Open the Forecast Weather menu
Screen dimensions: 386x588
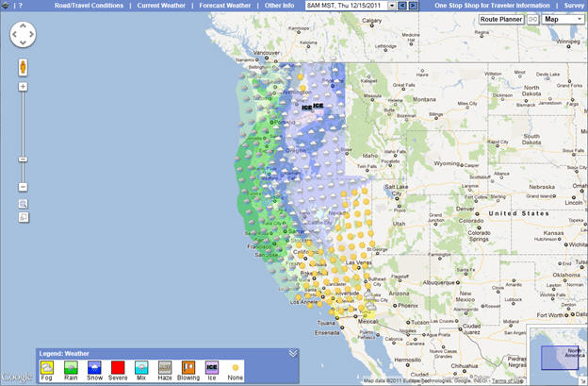(224, 6)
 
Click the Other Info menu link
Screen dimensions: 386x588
(279, 6)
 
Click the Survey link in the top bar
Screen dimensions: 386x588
(574, 6)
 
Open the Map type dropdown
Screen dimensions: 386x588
(563, 19)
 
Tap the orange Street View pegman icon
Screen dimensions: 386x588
(23, 68)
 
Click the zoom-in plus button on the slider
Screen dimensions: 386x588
(23, 87)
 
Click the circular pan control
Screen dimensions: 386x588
(24, 37)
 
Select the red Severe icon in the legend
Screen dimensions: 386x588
(118, 367)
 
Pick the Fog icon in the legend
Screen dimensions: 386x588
(45, 367)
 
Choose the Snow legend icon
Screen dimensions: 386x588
(94, 367)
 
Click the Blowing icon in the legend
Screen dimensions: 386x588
(188, 367)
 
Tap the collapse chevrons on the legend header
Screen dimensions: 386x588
(293, 353)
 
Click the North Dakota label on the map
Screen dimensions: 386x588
(531, 92)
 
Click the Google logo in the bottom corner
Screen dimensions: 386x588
(16, 377)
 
